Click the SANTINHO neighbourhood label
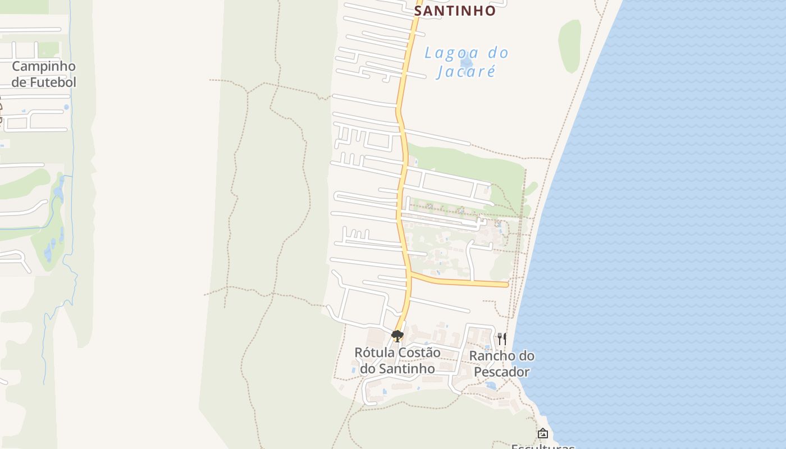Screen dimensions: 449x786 click(x=455, y=11)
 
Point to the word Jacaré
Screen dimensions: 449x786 click(x=467, y=72)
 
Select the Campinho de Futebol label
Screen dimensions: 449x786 click(x=44, y=74)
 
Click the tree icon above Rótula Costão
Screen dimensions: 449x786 click(x=397, y=336)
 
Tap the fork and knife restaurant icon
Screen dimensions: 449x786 click(x=501, y=338)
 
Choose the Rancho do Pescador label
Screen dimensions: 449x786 click(x=502, y=364)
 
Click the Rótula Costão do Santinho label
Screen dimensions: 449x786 click(x=397, y=360)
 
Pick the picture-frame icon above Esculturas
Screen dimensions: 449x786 click(x=542, y=433)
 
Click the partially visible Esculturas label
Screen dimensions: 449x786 click(x=542, y=447)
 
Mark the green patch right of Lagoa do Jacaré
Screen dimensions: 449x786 click(x=570, y=46)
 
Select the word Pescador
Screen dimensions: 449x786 click(x=502, y=372)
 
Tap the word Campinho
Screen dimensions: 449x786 click(x=44, y=66)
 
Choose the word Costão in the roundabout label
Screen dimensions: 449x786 click(x=420, y=352)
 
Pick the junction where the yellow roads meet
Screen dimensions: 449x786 click(x=411, y=274)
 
